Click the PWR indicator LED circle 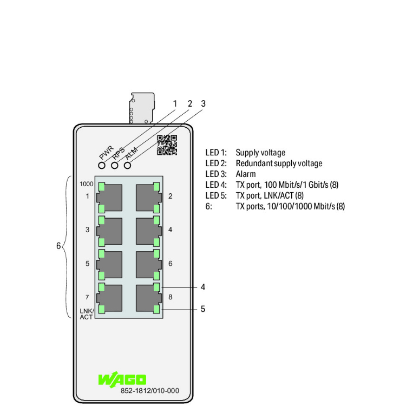[x=102, y=165]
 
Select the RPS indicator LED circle [x=115, y=165]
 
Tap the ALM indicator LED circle [x=127, y=165]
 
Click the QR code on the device [x=167, y=145]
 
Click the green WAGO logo [x=122, y=379]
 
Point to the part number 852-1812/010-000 [x=150, y=391]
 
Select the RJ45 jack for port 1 [x=109, y=198]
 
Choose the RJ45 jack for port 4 [x=149, y=231]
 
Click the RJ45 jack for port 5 [x=109, y=265]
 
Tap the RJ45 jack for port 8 [x=149, y=298]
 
